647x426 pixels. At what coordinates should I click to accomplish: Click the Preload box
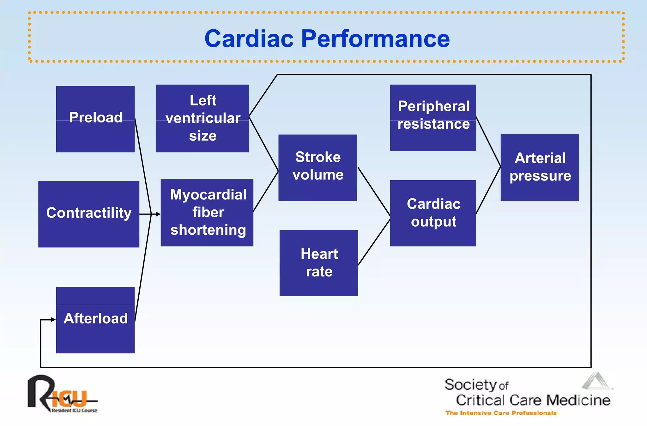[x=95, y=119]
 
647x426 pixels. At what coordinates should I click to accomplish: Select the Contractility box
[x=89, y=214]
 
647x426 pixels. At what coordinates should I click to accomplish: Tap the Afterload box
[x=95, y=320]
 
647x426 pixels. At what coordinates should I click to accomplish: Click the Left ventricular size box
[x=203, y=118]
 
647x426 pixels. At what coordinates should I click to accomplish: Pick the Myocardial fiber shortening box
[x=207, y=212]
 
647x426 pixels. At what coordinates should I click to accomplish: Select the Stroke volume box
[x=317, y=168]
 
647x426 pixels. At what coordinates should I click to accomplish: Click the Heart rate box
[x=319, y=263]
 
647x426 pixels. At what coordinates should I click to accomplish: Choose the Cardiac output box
[x=433, y=213]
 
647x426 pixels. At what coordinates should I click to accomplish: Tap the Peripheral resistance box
[x=433, y=118]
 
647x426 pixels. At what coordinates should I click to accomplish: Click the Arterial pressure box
[x=540, y=167]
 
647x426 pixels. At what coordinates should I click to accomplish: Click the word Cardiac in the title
[x=249, y=39]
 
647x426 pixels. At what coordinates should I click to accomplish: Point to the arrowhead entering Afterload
[x=53, y=320]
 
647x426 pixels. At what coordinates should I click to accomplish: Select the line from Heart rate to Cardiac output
[x=374, y=241]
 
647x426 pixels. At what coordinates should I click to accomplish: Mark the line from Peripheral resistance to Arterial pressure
[x=488, y=141]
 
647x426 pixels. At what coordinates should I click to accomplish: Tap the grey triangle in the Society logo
[x=596, y=382]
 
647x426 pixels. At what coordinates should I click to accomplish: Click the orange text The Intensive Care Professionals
[x=501, y=413]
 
